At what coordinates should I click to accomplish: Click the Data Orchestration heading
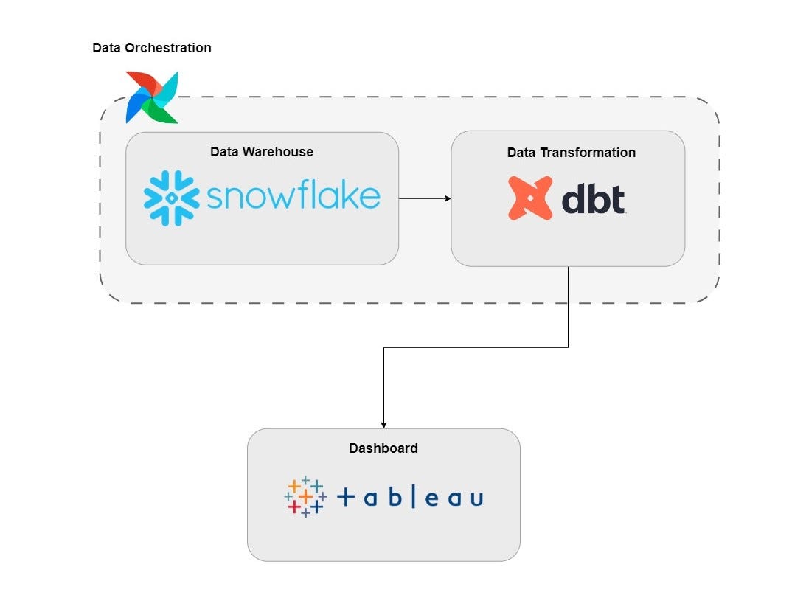coord(151,48)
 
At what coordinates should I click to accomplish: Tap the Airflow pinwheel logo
coord(153,97)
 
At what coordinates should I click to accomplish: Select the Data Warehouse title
coord(262,152)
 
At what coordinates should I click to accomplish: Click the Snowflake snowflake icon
coord(171,198)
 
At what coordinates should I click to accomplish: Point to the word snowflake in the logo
coord(293,197)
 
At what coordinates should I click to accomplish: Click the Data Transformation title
coord(571,153)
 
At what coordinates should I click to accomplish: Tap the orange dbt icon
coord(529,198)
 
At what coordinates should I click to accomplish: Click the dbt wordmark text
coord(594,199)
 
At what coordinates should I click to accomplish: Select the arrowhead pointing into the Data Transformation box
coord(447,198)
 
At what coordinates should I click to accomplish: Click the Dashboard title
coord(383,448)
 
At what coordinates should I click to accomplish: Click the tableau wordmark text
coord(410,498)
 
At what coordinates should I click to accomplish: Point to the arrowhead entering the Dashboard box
coord(383,424)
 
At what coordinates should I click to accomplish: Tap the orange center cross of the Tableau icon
coord(305,496)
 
